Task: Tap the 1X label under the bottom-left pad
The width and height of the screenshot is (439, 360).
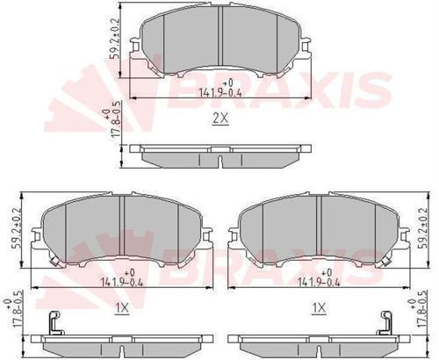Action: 123,307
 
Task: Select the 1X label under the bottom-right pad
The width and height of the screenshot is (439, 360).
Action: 320,307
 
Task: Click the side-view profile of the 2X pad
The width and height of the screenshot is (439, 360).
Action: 219,155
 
